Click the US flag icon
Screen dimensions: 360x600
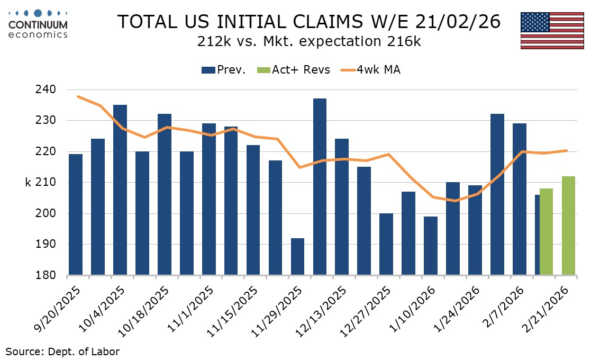[552, 30]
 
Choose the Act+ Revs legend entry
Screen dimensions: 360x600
[293, 69]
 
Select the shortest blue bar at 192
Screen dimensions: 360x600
[297, 257]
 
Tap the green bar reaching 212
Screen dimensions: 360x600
[569, 226]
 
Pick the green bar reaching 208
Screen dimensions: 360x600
[547, 232]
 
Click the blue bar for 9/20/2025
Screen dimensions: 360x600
[76, 215]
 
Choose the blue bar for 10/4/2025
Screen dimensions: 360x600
[120, 190]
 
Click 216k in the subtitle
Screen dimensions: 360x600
[402, 41]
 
